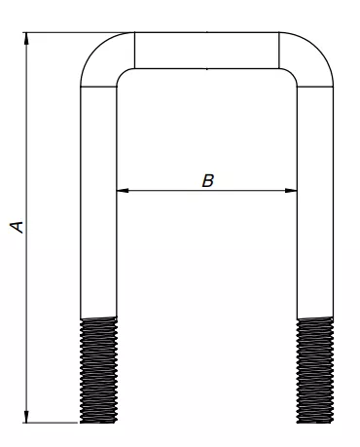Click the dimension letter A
point(18,227)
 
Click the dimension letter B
point(208,181)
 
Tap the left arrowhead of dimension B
point(123,191)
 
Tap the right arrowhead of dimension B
point(291,191)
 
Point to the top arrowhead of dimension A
point(26,39)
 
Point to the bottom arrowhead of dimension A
point(26,417)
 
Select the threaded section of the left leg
point(98,370)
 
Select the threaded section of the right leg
point(315,370)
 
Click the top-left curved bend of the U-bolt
point(97,51)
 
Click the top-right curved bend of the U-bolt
point(316,51)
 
